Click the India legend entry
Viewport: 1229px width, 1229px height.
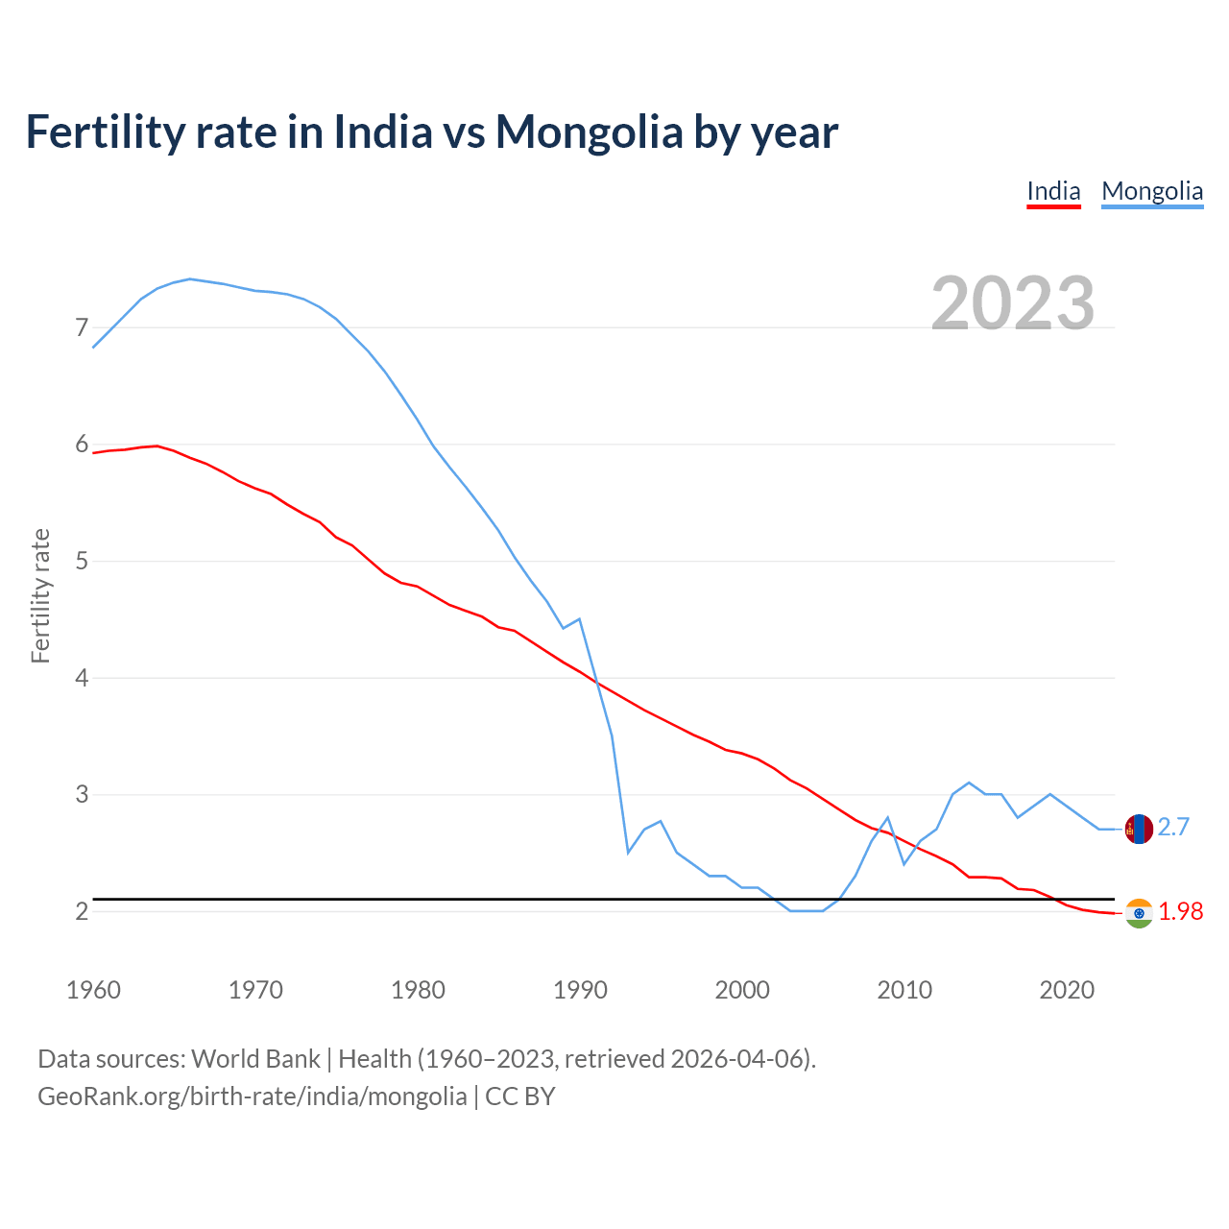pyautogui.click(x=1053, y=191)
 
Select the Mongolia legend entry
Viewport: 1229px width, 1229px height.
pyautogui.click(x=1152, y=191)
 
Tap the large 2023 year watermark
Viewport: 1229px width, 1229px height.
pyautogui.click(x=1013, y=302)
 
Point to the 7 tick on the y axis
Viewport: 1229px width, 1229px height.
pyautogui.click(x=82, y=328)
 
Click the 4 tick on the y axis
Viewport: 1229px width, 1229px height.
pyautogui.click(x=82, y=678)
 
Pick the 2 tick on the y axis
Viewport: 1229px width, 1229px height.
pyautogui.click(x=82, y=911)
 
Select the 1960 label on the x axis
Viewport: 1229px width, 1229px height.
pyautogui.click(x=93, y=990)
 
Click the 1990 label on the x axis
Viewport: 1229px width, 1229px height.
pyautogui.click(x=580, y=990)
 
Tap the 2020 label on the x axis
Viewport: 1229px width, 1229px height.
pyautogui.click(x=1067, y=990)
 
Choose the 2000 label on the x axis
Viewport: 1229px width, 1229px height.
pyautogui.click(x=742, y=990)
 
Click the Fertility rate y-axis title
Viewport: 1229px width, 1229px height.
pyautogui.click(x=40, y=595)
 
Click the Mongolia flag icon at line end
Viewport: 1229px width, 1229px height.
pyautogui.click(x=1139, y=829)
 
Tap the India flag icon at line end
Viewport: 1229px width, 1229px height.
pyautogui.click(x=1139, y=913)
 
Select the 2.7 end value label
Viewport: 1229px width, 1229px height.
pyautogui.click(x=1173, y=827)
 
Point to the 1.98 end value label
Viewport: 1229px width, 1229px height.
pyautogui.click(x=1180, y=912)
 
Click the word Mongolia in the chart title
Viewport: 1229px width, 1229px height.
pyautogui.click(x=589, y=132)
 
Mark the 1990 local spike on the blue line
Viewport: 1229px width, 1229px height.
pyautogui.click(x=580, y=619)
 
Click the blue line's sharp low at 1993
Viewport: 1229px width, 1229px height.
pyautogui.click(x=628, y=852)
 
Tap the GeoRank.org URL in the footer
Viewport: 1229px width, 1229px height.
pyautogui.click(x=253, y=1096)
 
